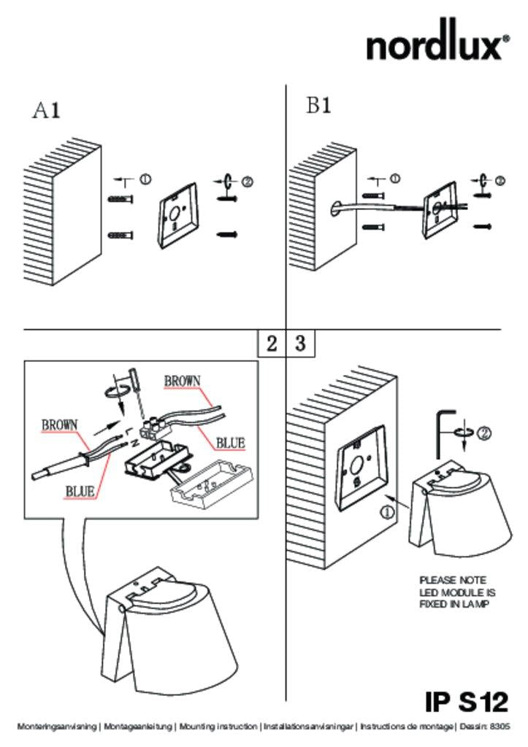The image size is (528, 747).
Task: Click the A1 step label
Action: coord(47,111)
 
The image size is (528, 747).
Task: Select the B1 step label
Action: coord(318,105)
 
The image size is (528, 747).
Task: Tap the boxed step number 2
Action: coord(272,343)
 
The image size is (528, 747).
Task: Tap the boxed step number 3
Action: coord(300,343)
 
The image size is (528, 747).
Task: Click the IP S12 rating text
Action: coord(467,702)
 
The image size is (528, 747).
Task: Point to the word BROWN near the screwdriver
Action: coord(182,381)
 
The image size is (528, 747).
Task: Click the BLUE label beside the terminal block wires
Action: coord(230,443)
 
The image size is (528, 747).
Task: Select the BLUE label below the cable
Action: coord(80,491)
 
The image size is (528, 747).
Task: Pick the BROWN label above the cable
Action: coord(60,425)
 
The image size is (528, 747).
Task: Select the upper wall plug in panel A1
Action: coord(120,199)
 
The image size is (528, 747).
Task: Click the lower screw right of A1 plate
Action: coord(228,234)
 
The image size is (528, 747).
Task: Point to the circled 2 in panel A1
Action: coord(247,182)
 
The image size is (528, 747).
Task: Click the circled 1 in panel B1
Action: coord(395,179)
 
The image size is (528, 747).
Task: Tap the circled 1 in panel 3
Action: coord(386,513)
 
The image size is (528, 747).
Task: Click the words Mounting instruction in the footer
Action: coord(218,727)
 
